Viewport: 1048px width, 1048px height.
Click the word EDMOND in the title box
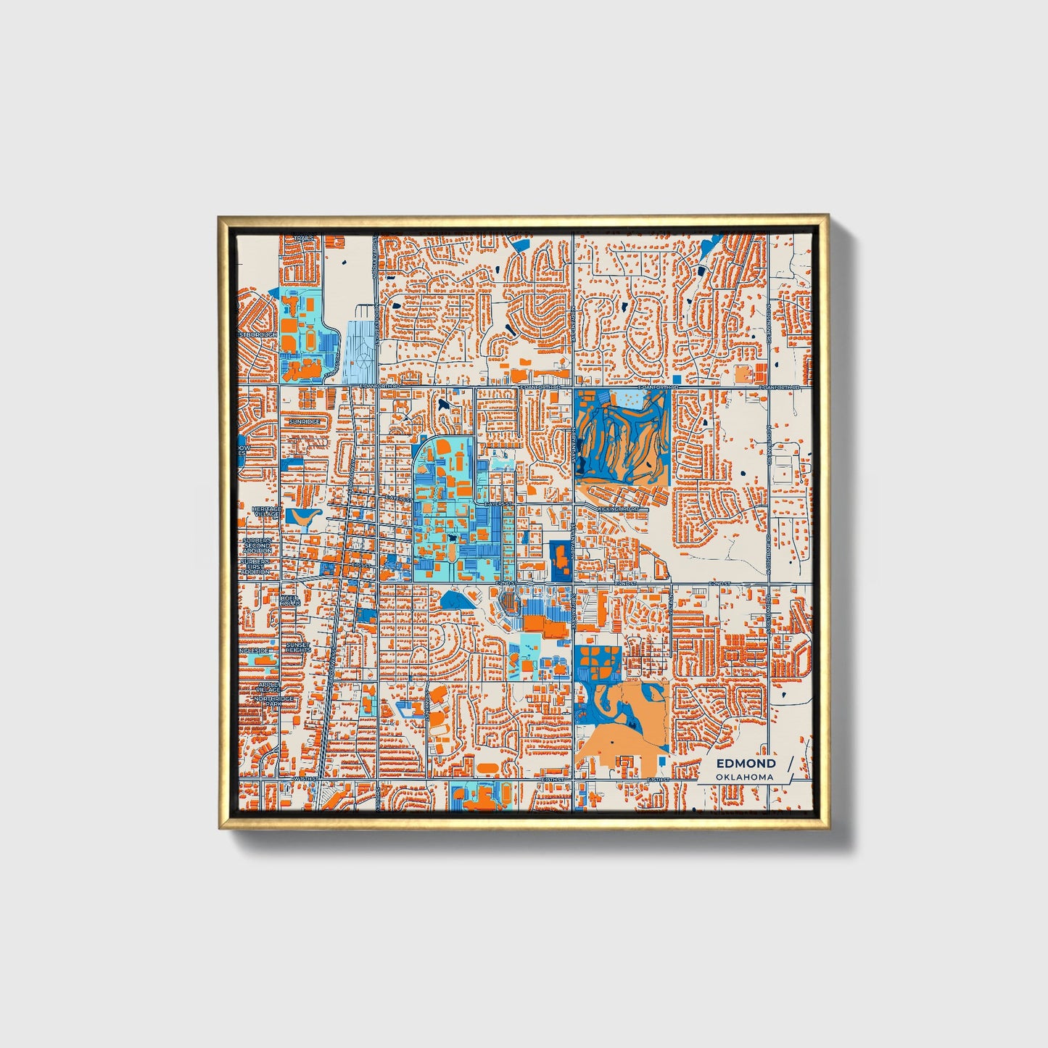(746, 764)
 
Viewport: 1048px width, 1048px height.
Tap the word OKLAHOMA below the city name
(744, 777)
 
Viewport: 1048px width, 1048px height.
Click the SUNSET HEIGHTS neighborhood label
(298, 647)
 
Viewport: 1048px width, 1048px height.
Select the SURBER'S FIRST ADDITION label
(255, 566)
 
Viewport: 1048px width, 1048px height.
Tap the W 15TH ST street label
(305, 780)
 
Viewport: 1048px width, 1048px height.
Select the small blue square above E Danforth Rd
(677, 379)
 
